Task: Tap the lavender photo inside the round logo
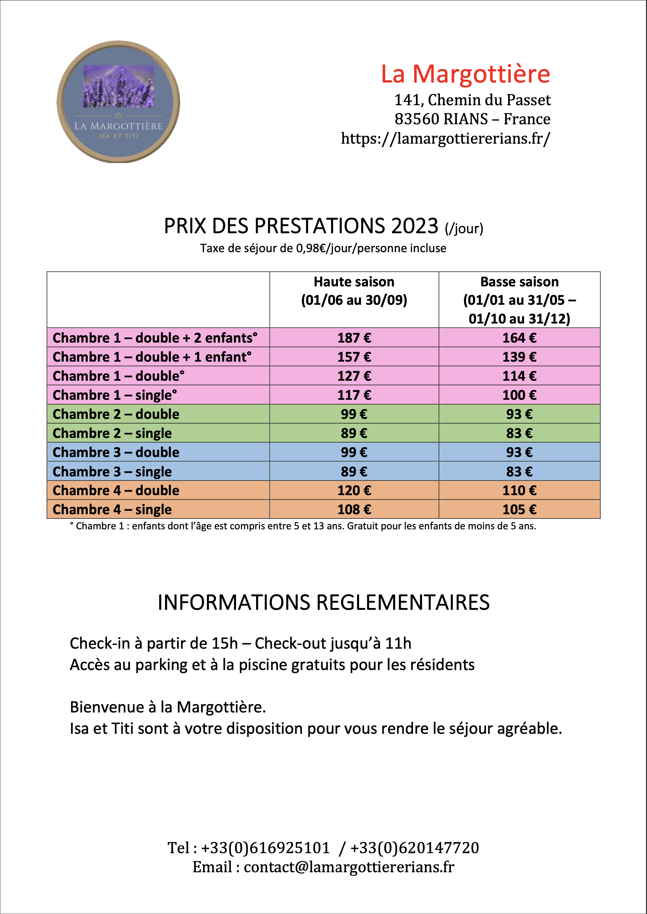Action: (118, 86)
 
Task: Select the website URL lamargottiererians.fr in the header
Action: (445, 138)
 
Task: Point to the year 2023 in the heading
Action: (414, 226)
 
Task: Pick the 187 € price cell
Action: (354, 338)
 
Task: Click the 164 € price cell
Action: (519, 338)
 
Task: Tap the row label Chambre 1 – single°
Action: (115, 395)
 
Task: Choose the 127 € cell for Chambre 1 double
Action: (354, 376)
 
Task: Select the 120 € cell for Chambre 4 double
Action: (354, 491)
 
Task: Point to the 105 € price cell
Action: (519, 510)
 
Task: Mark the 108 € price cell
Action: (354, 510)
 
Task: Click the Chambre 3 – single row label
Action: (112, 472)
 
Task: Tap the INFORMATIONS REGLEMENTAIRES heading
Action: (323, 602)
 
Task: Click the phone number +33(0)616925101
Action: (265, 848)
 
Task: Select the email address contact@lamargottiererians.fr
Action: (349, 867)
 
